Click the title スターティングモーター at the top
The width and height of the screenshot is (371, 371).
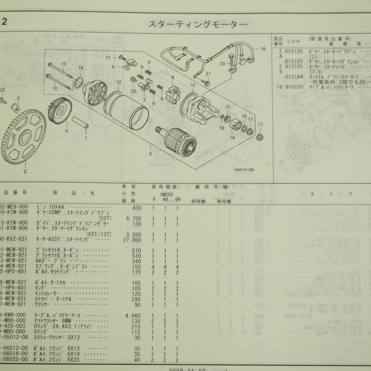[x=197, y=25]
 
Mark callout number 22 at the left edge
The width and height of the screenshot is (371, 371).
[x=2, y=90]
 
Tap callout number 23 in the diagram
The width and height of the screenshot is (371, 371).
[x=222, y=64]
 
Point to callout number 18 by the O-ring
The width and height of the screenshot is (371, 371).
[x=81, y=68]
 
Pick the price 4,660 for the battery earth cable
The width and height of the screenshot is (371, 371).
[x=133, y=315]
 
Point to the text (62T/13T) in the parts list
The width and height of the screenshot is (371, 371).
[x=99, y=234]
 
